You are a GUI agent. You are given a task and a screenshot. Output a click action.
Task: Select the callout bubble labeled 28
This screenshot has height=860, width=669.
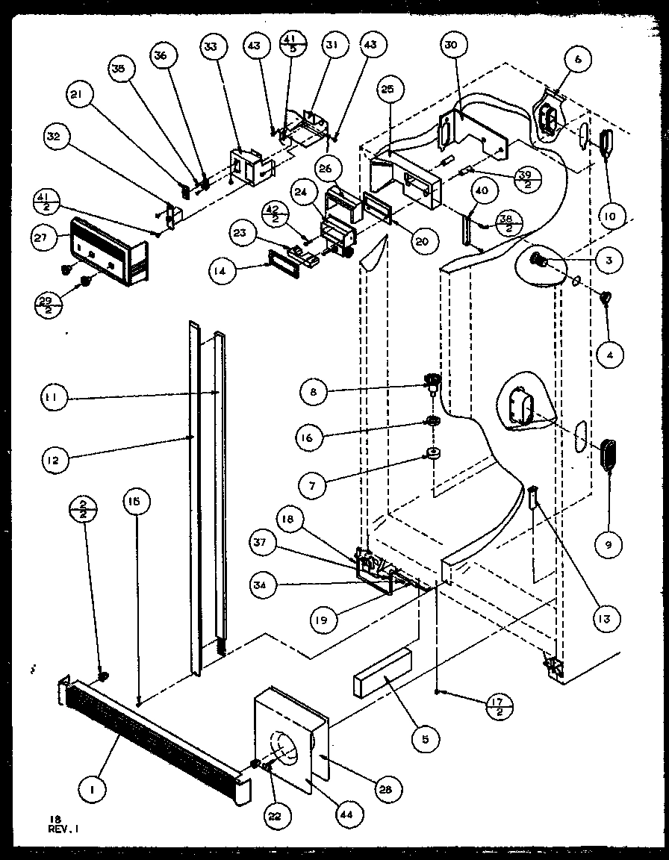(388, 789)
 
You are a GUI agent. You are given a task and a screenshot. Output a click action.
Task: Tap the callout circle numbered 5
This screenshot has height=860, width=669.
(425, 741)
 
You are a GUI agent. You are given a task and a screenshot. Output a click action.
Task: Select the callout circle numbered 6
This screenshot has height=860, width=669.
(578, 57)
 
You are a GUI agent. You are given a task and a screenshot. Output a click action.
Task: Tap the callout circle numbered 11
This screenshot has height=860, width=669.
(53, 399)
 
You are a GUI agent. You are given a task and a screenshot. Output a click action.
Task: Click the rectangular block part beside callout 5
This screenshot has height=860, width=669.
(380, 672)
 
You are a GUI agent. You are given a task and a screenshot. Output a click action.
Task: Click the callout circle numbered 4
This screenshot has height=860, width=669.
(611, 355)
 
